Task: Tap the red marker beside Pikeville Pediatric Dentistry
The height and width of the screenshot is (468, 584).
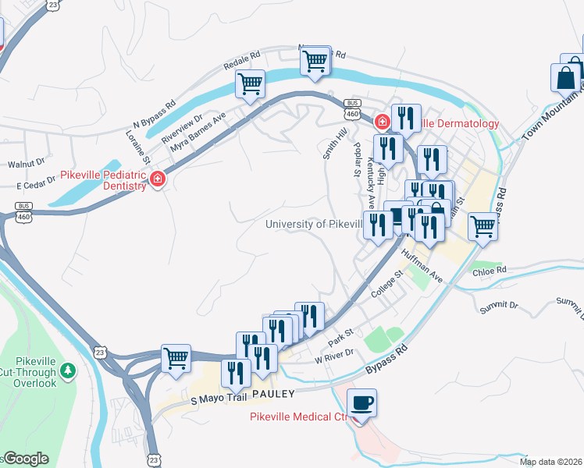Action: [158, 179]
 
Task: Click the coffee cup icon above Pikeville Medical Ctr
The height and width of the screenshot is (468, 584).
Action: [361, 403]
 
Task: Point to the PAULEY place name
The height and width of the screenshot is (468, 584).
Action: [272, 394]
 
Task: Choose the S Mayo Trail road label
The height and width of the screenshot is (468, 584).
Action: [219, 399]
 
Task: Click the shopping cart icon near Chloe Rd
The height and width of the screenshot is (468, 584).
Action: [483, 226]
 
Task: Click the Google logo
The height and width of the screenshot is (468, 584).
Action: [26, 459]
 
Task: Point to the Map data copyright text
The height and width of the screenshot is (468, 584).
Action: [551, 462]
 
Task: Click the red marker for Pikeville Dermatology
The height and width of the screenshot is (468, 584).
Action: [382, 122]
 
